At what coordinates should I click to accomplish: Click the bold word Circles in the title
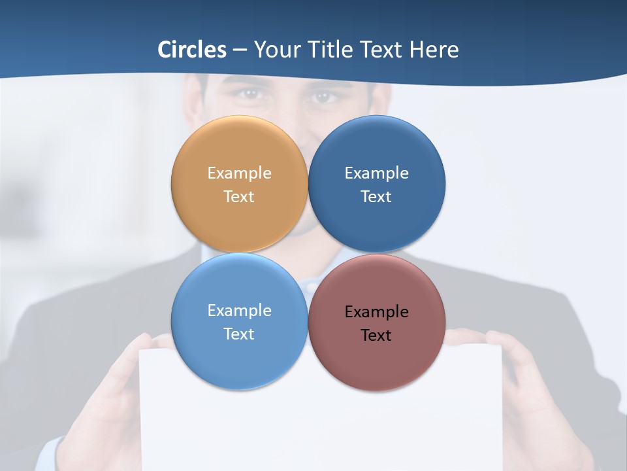coord(192,50)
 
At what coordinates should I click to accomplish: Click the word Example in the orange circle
coord(239,173)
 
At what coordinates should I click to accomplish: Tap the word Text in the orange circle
coord(239,197)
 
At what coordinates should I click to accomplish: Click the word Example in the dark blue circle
coord(377,173)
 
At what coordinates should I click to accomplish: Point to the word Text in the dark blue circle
coord(376,197)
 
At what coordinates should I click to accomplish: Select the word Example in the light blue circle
coord(239,311)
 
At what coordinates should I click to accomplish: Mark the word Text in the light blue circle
coord(239,334)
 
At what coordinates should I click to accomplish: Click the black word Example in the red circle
coord(377,312)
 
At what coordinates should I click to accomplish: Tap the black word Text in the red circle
coord(376,336)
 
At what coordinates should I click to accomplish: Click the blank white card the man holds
coord(320,425)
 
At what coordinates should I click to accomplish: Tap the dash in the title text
coord(240,50)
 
